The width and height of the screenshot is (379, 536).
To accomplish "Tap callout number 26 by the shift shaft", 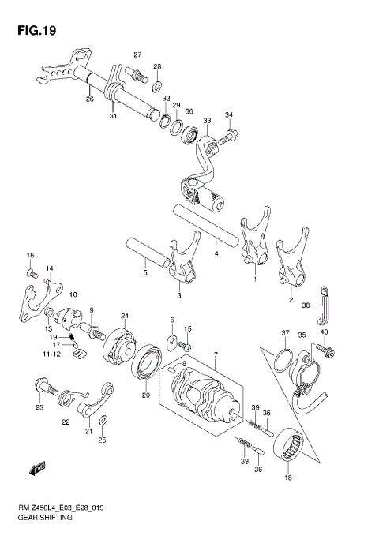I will point(89,99).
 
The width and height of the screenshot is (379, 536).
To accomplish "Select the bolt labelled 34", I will point(225,139).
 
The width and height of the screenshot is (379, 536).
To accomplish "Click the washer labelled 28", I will point(157,84).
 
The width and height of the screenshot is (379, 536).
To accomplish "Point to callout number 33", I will point(207,121).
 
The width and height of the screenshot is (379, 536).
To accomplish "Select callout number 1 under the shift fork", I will point(255,279).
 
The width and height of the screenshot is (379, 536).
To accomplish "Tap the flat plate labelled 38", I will point(321,307).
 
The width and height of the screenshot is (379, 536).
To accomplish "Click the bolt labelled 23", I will point(45,387).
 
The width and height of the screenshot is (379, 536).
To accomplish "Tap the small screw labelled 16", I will point(32,272).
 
